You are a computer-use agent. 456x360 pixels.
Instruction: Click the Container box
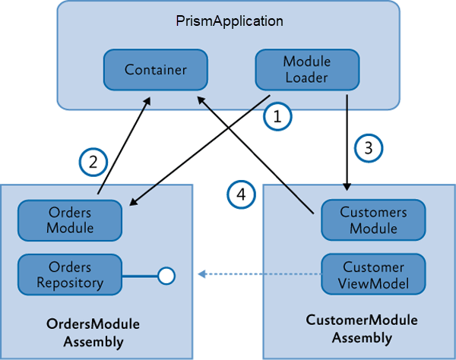coord(155,70)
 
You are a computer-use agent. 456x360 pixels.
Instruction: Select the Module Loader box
coord(306,69)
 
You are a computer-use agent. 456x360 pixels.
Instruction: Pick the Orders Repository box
coord(70,274)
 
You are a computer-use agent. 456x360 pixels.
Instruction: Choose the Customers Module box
coord(373,219)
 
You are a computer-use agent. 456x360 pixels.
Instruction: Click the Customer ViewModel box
coord(373,275)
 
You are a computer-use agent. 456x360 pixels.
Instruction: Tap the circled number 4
coord(241,195)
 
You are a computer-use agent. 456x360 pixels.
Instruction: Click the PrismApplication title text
coord(229,21)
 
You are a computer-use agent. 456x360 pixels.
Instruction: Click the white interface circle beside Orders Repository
coord(166,275)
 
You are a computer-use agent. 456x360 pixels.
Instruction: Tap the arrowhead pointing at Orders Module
coord(135,201)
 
